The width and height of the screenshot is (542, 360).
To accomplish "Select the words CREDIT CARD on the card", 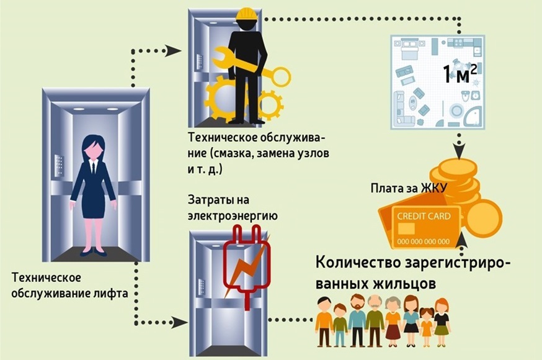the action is tap(424, 217).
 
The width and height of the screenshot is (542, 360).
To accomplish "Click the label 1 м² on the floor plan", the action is tap(460, 74).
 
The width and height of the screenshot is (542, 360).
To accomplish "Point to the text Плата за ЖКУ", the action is tap(409, 189).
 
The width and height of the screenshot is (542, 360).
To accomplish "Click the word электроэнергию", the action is tap(233, 215).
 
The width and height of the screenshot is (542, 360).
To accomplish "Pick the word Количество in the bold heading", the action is tap(357, 263).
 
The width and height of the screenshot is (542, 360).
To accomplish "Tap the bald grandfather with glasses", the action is tap(375, 320).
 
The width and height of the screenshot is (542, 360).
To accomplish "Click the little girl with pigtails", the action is tap(426, 327).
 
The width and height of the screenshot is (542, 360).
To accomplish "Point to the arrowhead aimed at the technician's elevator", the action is tap(174, 51).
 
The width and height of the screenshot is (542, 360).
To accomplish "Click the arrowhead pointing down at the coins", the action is tap(459, 152).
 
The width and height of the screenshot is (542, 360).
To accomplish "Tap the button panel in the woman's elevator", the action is tap(59, 165).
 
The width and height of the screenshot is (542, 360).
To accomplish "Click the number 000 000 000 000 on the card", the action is tap(424, 241).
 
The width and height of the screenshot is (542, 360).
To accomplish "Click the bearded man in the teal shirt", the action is tap(357, 320).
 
